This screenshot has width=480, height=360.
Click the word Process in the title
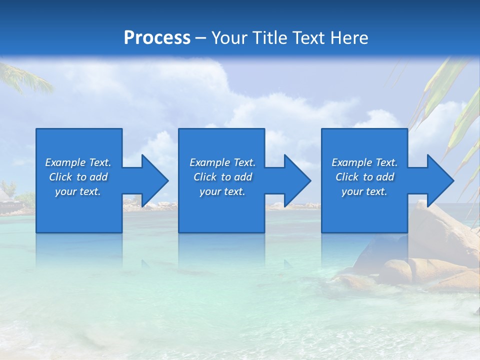(x=157, y=38)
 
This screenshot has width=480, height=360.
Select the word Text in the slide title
(x=308, y=38)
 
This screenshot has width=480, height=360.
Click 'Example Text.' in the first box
(x=78, y=162)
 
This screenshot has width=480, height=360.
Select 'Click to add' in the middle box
(x=222, y=177)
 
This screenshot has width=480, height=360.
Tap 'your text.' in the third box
(x=364, y=191)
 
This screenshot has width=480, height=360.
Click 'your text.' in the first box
(x=78, y=191)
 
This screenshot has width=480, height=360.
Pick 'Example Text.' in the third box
(x=364, y=162)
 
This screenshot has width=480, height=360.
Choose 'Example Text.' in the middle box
(x=222, y=162)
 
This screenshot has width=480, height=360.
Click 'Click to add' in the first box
(x=78, y=177)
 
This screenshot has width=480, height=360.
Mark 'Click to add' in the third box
(x=364, y=177)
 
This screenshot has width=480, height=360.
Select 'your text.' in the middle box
(x=222, y=191)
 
